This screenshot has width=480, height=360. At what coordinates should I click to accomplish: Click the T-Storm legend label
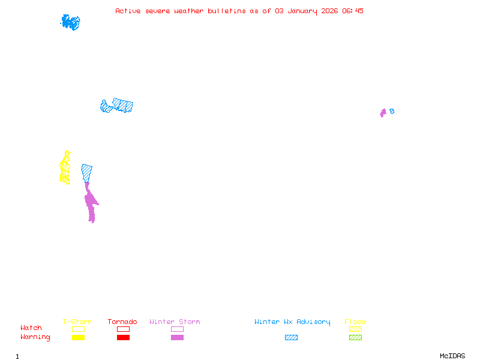click(x=77, y=322)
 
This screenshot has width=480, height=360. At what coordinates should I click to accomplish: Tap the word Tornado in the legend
click(x=122, y=322)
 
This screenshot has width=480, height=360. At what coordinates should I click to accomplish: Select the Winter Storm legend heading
click(x=175, y=322)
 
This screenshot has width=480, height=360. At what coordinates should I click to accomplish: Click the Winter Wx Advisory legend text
click(x=292, y=322)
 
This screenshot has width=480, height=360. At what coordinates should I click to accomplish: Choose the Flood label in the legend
click(x=355, y=322)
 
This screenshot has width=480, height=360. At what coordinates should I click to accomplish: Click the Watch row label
click(x=31, y=328)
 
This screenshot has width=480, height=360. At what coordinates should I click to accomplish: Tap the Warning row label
click(x=35, y=337)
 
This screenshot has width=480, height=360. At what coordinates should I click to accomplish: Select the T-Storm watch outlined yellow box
click(x=78, y=329)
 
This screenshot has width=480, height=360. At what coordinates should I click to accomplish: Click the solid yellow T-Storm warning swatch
click(x=78, y=337)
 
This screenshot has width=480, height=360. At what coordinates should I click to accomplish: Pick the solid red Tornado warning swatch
click(x=123, y=337)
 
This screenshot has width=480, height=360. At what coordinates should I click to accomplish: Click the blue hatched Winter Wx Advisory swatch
click(x=291, y=337)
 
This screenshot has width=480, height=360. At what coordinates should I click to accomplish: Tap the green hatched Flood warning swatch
click(x=355, y=337)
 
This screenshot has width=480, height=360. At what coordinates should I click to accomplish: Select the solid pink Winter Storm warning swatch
click(x=177, y=337)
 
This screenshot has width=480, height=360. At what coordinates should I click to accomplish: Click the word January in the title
click(x=300, y=11)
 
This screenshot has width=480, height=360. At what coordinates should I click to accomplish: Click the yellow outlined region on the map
click(x=65, y=169)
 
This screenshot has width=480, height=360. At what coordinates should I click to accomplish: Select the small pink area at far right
click(x=383, y=113)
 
